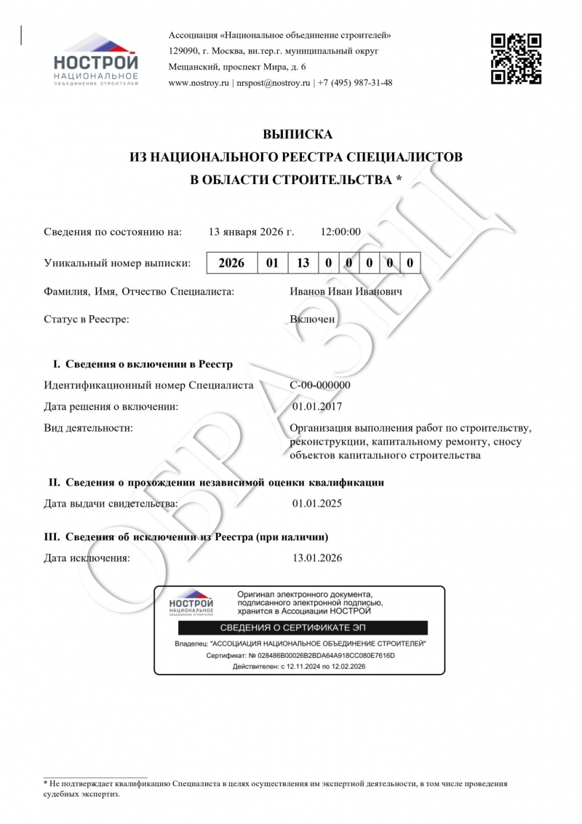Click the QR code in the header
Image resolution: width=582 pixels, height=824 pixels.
point(516,59)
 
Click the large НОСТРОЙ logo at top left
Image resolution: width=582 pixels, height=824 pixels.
point(95,60)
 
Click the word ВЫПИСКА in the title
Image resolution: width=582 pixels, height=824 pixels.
point(296,135)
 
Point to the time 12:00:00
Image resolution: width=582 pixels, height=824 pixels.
point(340,232)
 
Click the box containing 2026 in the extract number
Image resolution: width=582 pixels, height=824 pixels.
point(232,263)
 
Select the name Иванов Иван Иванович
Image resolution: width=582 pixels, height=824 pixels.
point(345,292)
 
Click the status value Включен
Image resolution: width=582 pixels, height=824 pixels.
point(312,320)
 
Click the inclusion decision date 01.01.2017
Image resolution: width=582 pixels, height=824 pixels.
point(316,406)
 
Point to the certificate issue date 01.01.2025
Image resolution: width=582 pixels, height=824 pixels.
point(316,503)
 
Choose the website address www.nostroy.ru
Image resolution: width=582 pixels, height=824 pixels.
point(199,83)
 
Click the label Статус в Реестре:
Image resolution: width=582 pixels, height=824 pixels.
point(87,320)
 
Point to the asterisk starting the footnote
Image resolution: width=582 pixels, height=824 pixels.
point(45,784)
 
